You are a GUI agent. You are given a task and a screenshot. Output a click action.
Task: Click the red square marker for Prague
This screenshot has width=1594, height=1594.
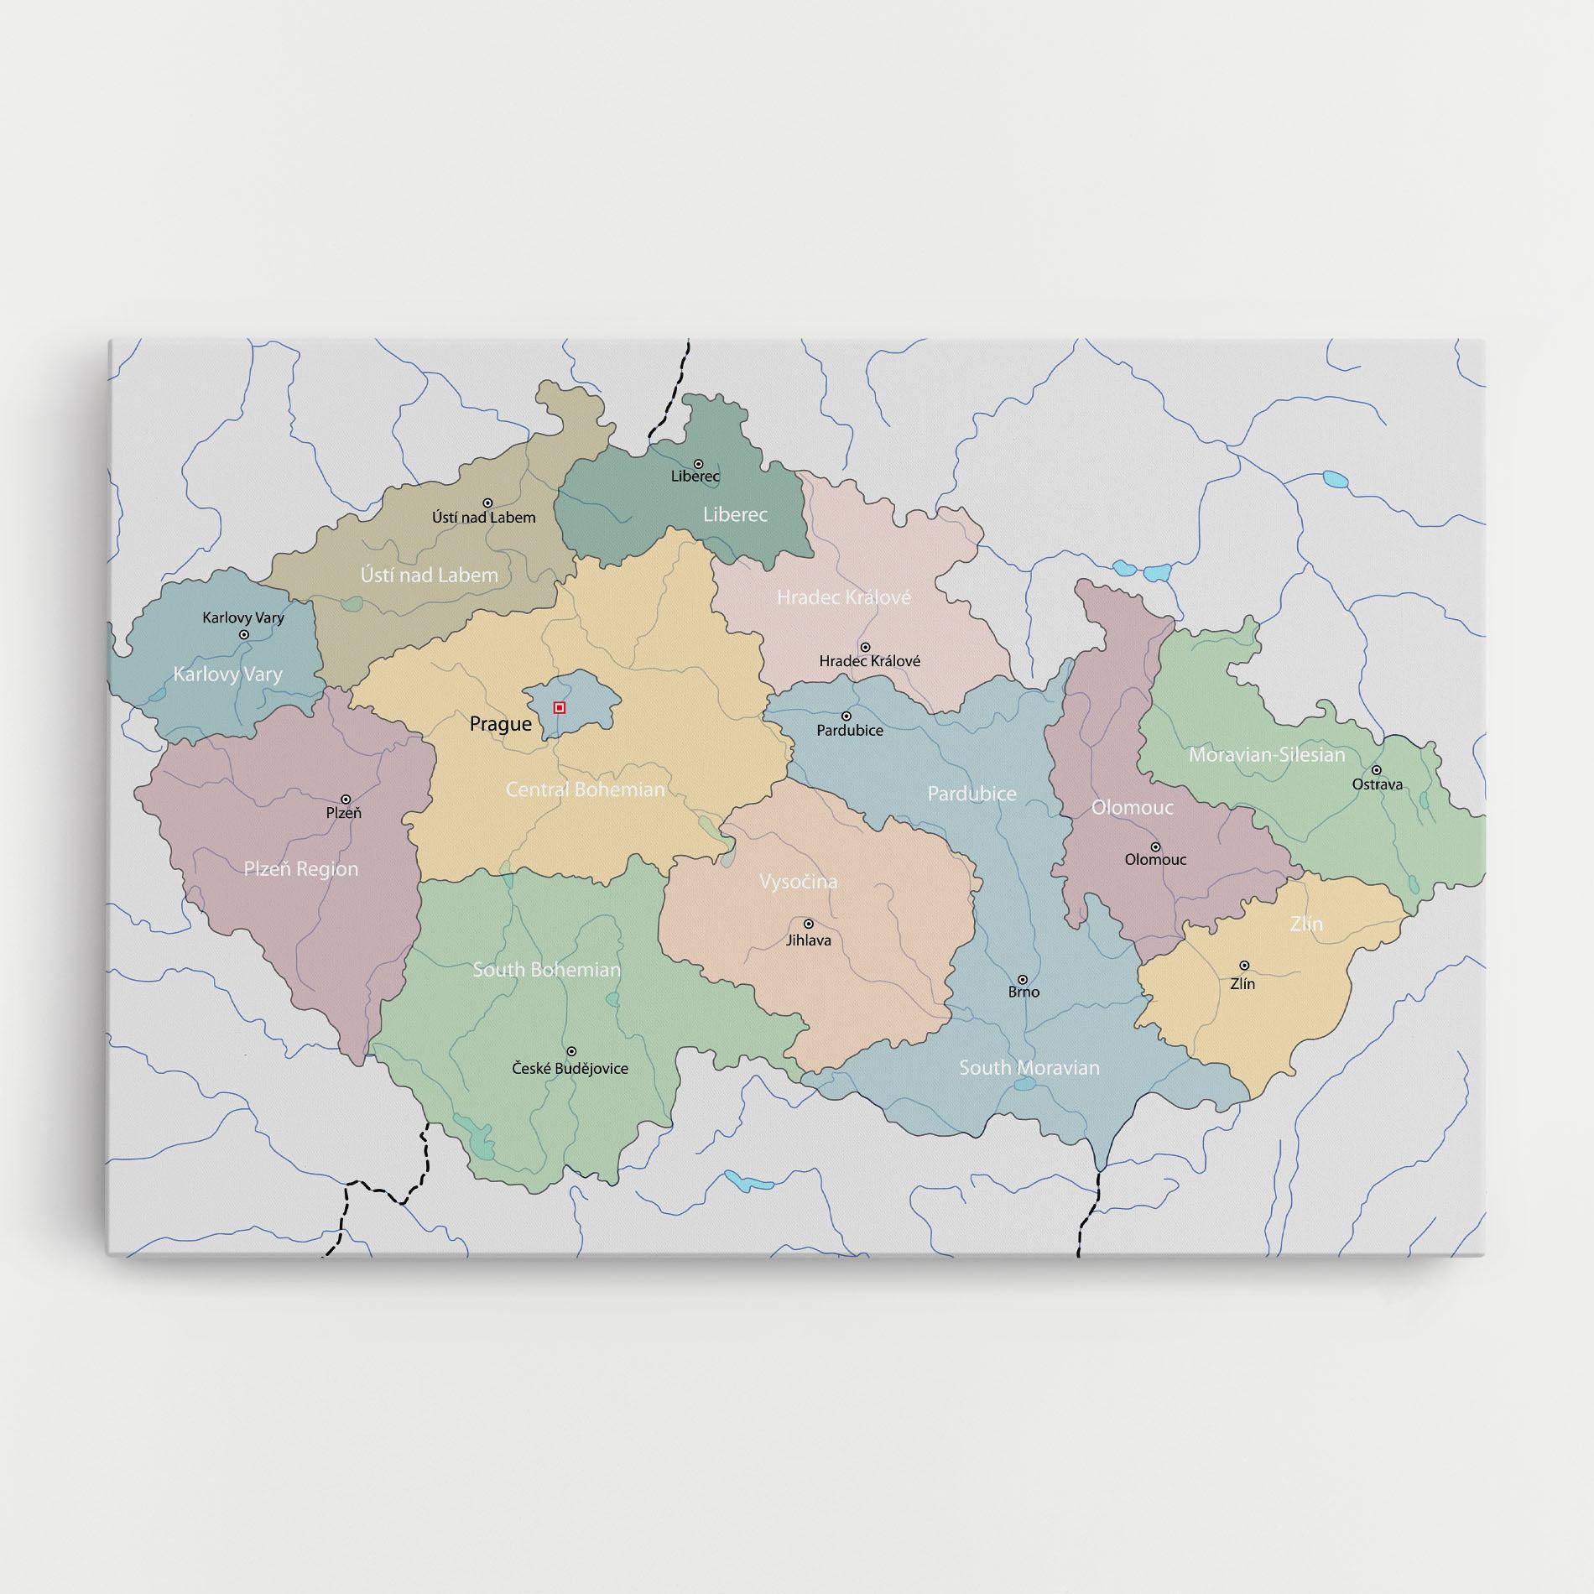click(560, 708)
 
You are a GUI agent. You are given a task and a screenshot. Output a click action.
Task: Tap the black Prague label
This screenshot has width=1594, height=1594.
click(500, 724)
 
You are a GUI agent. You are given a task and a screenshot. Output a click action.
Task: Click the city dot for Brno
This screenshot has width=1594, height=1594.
click(1023, 979)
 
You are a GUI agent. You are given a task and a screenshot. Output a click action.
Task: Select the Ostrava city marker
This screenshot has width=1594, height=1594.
click(1376, 770)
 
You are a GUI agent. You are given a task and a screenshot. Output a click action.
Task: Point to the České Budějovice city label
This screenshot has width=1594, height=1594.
click(570, 1069)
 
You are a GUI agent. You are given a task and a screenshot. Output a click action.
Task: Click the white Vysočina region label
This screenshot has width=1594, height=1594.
click(798, 882)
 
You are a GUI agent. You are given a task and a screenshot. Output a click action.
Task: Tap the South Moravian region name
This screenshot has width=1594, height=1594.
click(1029, 1068)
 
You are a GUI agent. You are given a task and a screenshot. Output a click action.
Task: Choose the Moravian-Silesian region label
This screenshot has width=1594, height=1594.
click(1266, 755)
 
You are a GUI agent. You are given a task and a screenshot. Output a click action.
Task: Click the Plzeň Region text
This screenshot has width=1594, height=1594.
click(300, 869)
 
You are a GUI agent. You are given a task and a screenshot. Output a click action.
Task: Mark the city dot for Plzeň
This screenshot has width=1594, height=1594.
click(345, 800)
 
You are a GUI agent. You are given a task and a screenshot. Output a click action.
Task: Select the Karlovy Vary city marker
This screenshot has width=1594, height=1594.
click(244, 635)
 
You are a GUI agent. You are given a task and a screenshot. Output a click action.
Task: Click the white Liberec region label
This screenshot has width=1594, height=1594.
click(735, 514)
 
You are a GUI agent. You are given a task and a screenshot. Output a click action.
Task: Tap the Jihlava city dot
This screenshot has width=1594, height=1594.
click(809, 924)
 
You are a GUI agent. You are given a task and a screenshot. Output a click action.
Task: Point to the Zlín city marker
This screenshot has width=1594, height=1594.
click(1244, 966)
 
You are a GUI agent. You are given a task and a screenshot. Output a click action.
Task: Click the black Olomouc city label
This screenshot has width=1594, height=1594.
click(1155, 860)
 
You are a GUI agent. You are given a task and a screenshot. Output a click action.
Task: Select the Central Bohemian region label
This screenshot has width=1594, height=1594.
click(585, 789)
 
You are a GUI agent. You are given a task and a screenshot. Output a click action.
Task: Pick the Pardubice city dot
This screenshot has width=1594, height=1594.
click(846, 716)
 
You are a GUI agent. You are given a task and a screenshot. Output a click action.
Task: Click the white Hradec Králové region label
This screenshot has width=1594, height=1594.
click(843, 597)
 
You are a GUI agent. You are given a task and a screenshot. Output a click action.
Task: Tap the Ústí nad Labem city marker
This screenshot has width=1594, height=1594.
click(487, 503)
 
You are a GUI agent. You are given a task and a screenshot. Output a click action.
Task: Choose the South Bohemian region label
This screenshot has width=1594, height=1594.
click(546, 970)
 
